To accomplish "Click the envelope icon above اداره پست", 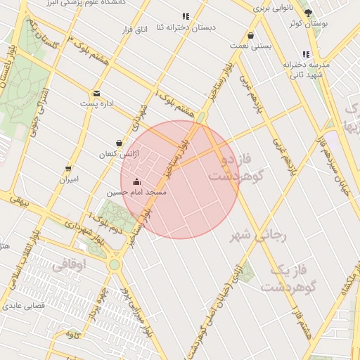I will [96, 93].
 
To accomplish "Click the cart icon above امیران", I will [68, 169].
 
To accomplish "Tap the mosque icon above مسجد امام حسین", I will [136, 181].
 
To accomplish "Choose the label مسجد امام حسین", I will [136, 192].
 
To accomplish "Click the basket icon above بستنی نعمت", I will [251, 35].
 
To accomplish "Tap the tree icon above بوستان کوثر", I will [308, 13].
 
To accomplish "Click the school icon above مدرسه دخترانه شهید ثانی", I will [305, 53].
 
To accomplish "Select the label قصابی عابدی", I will [25, 306].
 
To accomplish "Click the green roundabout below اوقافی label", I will [114, 265].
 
